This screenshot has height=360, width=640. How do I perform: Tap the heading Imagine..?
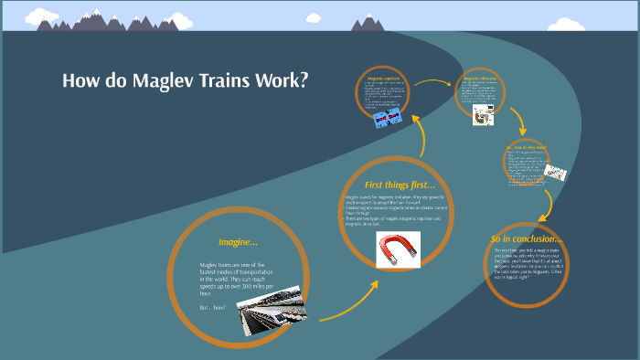pyautogui.click(x=238, y=242)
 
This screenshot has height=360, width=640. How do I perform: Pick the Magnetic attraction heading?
pyautogui.click(x=480, y=79)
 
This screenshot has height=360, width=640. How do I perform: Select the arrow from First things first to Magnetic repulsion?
pyautogui.click(x=422, y=137)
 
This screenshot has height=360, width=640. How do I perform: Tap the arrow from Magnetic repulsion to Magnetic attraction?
pyautogui.click(x=434, y=82)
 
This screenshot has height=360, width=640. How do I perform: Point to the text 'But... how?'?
pyautogui.click(x=212, y=306)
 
